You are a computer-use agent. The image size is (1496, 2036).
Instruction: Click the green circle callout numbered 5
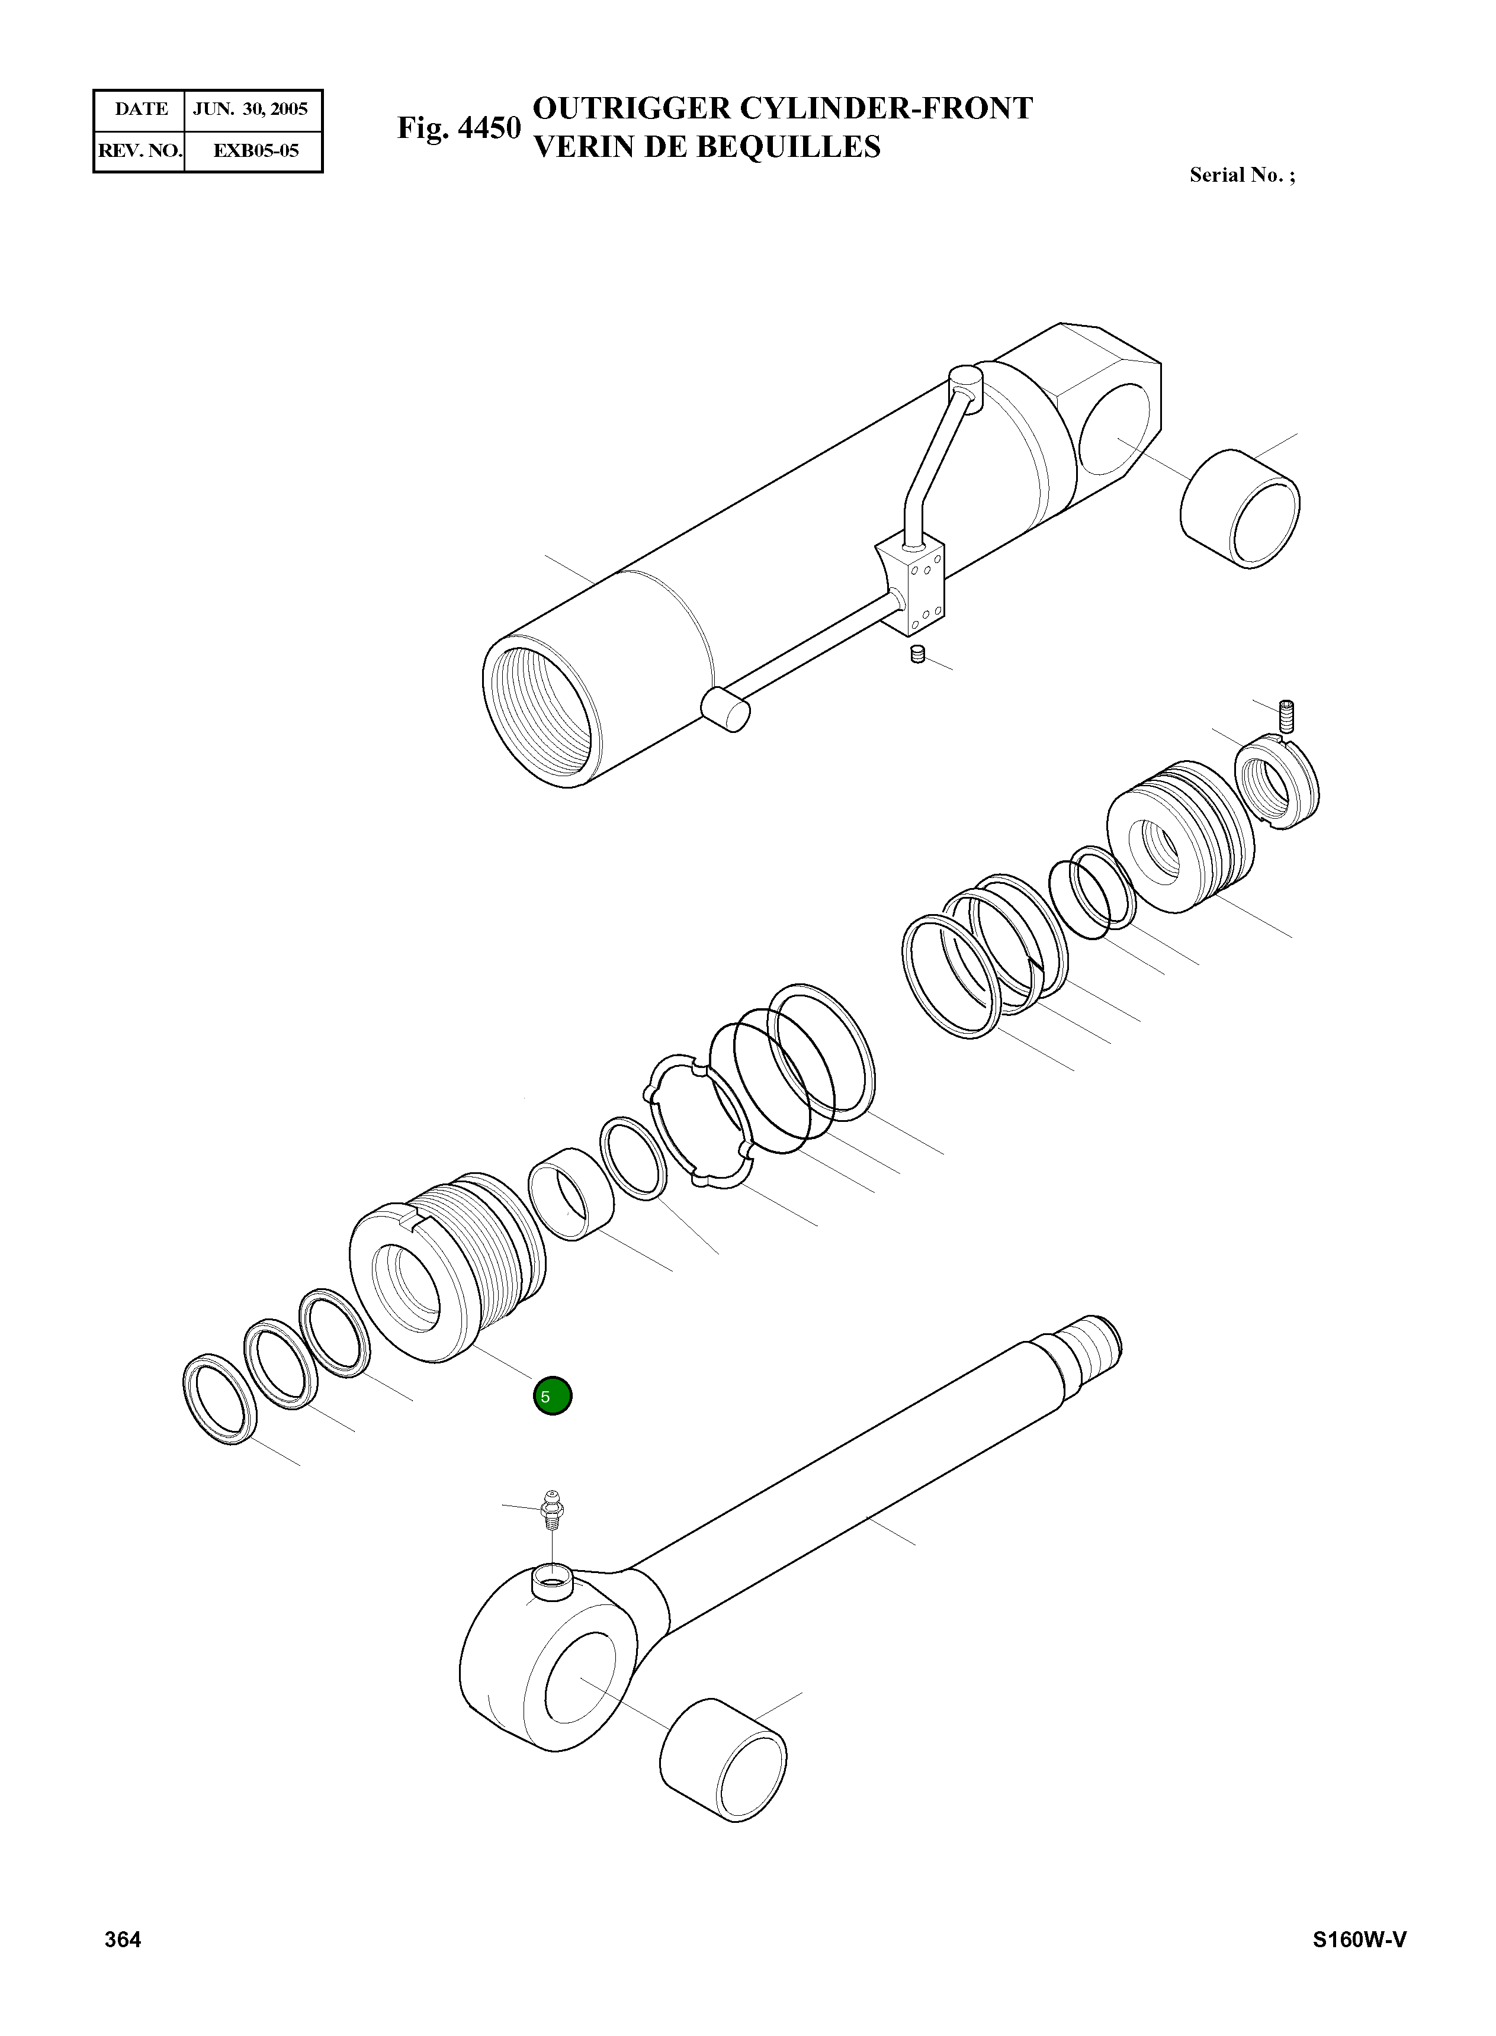click(553, 1396)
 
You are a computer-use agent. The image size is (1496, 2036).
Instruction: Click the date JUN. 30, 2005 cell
click(251, 110)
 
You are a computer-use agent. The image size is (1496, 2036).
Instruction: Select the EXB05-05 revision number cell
click(255, 150)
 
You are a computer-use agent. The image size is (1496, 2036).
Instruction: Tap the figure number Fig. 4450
click(458, 128)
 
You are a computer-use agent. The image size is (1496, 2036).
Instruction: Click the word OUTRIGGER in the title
click(631, 108)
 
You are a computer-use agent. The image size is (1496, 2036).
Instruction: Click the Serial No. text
click(1241, 176)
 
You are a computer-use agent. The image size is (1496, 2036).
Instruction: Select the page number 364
click(123, 1939)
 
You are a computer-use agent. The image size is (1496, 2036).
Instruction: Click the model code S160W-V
click(1359, 1939)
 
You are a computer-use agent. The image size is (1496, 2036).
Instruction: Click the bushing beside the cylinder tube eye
click(1240, 509)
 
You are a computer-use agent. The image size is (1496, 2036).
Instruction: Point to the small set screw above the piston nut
click(1288, 716)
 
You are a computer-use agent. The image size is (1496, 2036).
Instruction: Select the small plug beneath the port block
click(917, 655)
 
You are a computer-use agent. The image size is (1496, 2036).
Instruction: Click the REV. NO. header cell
click(139, 150)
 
